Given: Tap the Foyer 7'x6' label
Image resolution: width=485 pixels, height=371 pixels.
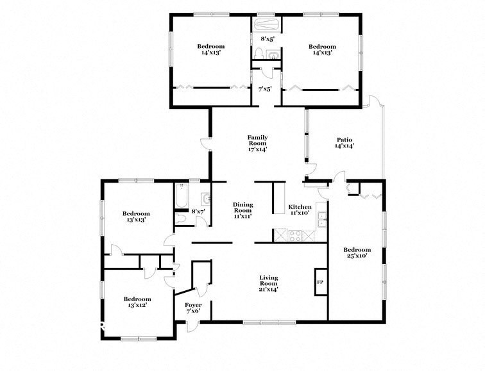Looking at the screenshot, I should (x=193, y=308).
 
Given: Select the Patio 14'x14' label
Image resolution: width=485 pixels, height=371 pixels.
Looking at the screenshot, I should (x=345, y=142).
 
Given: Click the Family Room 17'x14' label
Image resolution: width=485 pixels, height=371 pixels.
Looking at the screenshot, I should (x=257, y=143).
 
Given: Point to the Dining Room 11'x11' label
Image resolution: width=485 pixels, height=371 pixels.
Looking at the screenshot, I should (x=242, y=210).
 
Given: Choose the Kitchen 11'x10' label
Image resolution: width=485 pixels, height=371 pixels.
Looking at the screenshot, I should (x=300, y=210).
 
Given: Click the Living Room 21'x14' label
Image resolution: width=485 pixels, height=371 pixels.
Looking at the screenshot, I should (x=268, y=282).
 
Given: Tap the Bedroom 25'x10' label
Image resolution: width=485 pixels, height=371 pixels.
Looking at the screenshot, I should (x=357, y=253).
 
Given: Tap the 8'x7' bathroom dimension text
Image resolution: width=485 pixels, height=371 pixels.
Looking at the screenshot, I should (x=198, y=211).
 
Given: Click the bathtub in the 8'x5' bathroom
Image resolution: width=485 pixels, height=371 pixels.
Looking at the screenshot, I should (x=265, y=25).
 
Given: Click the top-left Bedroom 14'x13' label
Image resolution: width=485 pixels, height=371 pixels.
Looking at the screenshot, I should (x=210, y=49).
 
